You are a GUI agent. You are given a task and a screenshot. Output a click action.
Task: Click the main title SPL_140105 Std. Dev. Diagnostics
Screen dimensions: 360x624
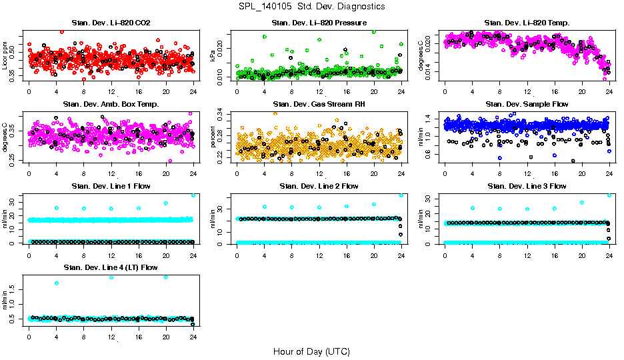pyautogui.click(x=311, y=7)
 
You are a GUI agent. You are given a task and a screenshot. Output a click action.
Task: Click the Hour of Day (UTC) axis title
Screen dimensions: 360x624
pyautogui.click(x=311, y=351)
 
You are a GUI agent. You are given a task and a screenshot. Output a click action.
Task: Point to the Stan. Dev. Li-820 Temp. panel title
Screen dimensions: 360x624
pyautogui.click(x=527, y=23)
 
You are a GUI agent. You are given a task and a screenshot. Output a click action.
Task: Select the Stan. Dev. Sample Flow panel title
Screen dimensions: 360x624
pyautogui.click(x=527, y=104)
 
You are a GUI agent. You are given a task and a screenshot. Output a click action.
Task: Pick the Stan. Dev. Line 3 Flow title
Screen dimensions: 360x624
pyautogui.click(x=527, y=186)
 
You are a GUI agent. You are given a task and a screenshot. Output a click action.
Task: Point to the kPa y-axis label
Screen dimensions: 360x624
pyautogui.click(x=213, y=57)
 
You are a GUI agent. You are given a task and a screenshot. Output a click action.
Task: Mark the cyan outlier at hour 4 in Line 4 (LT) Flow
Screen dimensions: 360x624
pyautogui.click(x=57, y=283)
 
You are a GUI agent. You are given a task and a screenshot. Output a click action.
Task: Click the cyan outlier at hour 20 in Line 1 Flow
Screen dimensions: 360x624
pyautogui.click(x=166, y=203)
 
